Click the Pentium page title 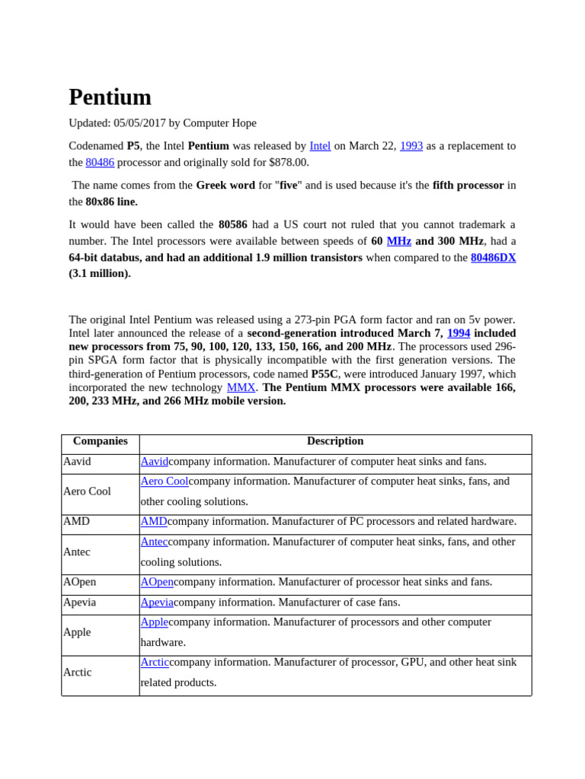pyautogui.click(x=110, y=97)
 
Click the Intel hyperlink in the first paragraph pyautogui.click(x=320, y=146)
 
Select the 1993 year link pyautogui.click(x=411, y=146)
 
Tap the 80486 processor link pyautogui.click(x=100, y=163)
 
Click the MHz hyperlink pyautogui.click(x=398, y=241)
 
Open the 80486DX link pyautogui.click(x=493, y=258)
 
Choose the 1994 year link pyautogui.click(x=459, y=333)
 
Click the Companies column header pyautogui.click(x=100, y=441)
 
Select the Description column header pyautogui.click(x=335, y=441)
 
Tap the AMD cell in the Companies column pyautogui.click(x=76, y=522)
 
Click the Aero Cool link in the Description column pyautogui.click(x=164, y=482)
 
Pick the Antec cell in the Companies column pyautogui.click(x=77, y=552)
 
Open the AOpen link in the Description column pyautogui.click(x=157, y=582)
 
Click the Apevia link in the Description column pyautogui.click(x=157, y=603)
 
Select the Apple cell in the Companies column pyautogui.click(x=77, y=632)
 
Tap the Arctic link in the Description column pyautogui.click(x=155, y=663)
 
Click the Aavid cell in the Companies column pyautogui.click(x=77, y=462)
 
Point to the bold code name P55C pyautogui.click(x=324, y=374)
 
